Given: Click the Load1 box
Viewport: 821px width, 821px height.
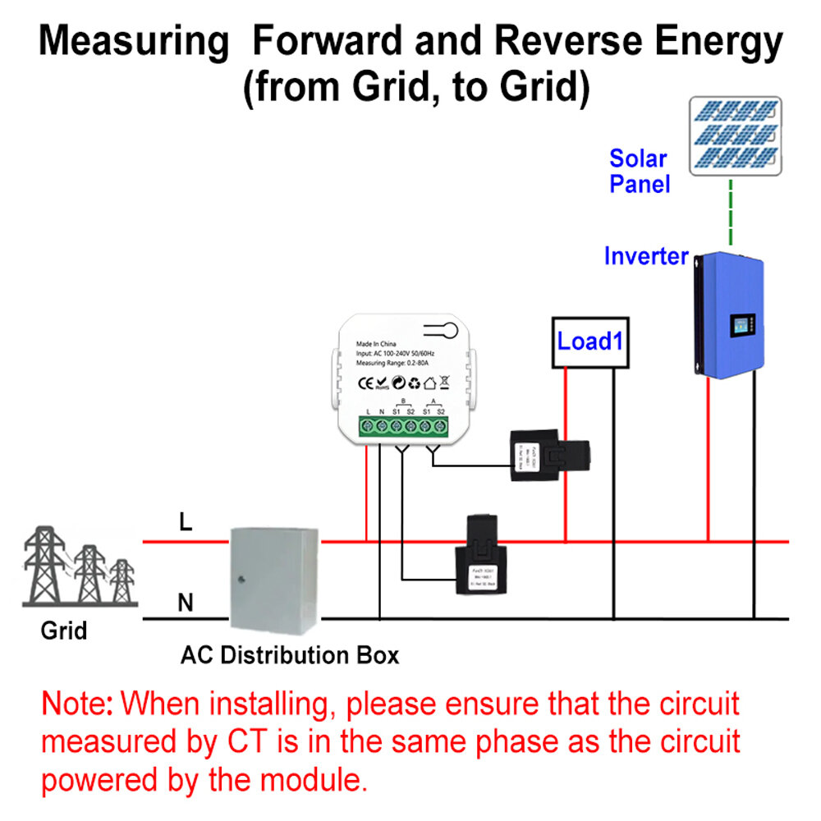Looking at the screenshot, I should pos(589,342).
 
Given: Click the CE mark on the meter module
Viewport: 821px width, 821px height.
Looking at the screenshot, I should pos(367,382).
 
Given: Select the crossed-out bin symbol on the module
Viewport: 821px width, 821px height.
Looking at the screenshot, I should pos(444,382).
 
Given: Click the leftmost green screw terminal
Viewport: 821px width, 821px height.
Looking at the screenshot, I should pos(366,426).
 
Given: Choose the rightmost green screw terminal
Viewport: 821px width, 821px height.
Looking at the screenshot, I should pos(441,426).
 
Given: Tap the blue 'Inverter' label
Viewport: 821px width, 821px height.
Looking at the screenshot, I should pos(646,256).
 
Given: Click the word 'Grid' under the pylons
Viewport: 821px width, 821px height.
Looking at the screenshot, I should pos(64,631).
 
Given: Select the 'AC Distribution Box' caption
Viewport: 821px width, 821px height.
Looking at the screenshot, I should pos(290,656).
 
